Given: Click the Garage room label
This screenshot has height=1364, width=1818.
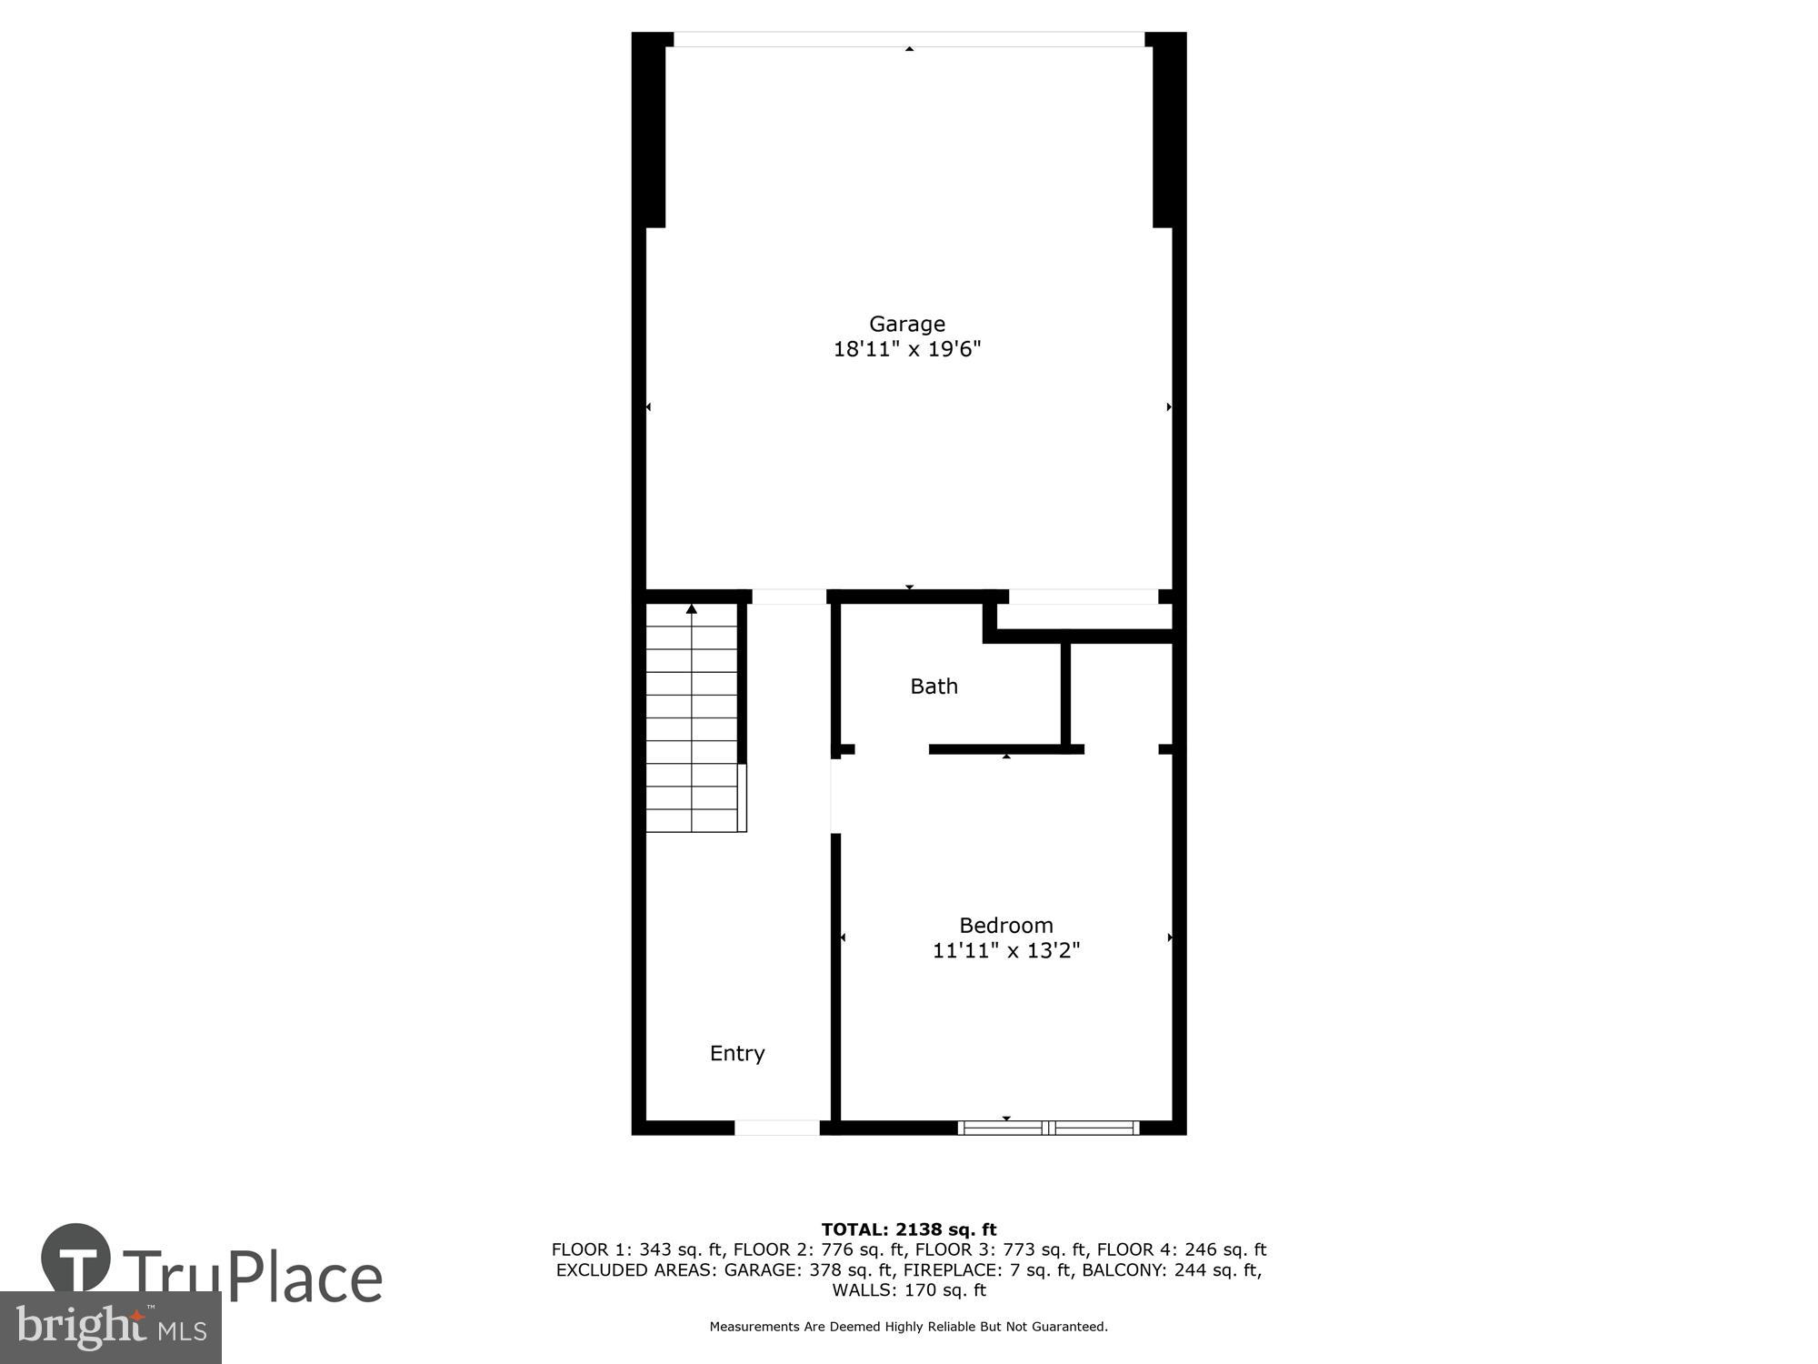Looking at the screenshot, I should [x=907, y=324].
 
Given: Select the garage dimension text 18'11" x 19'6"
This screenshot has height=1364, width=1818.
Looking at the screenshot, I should [x=907, y=349].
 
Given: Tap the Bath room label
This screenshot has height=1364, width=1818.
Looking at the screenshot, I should [x=934, y=687].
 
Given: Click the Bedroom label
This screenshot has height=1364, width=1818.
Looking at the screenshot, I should [x=1006, y=926].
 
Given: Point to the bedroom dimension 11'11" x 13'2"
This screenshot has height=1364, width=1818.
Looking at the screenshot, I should [x=1006, y=951].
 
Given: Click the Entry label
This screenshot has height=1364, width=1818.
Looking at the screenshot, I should [x=737, y=1053].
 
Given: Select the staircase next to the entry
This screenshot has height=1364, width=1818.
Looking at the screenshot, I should [x=693, y=718].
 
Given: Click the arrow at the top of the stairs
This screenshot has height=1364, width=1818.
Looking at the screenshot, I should [x=692, y=608].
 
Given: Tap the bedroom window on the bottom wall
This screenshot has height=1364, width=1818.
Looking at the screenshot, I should [x=1049, y=1128].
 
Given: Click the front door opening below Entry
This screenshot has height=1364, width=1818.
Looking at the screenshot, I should [x=776, y=1128].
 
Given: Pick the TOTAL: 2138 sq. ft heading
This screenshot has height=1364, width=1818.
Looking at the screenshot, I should [x=909, y=1230].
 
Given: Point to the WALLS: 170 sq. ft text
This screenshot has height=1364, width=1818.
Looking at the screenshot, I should [x=909, y=1290].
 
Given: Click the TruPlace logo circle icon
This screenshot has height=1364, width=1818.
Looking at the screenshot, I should [x=76, y=1259].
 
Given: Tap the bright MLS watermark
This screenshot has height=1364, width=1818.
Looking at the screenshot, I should [x=111, y=1328].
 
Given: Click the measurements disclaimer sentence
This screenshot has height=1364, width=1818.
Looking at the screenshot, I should [x=909, y=1327].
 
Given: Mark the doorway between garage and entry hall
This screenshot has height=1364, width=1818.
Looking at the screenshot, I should [x=789, y=597].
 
